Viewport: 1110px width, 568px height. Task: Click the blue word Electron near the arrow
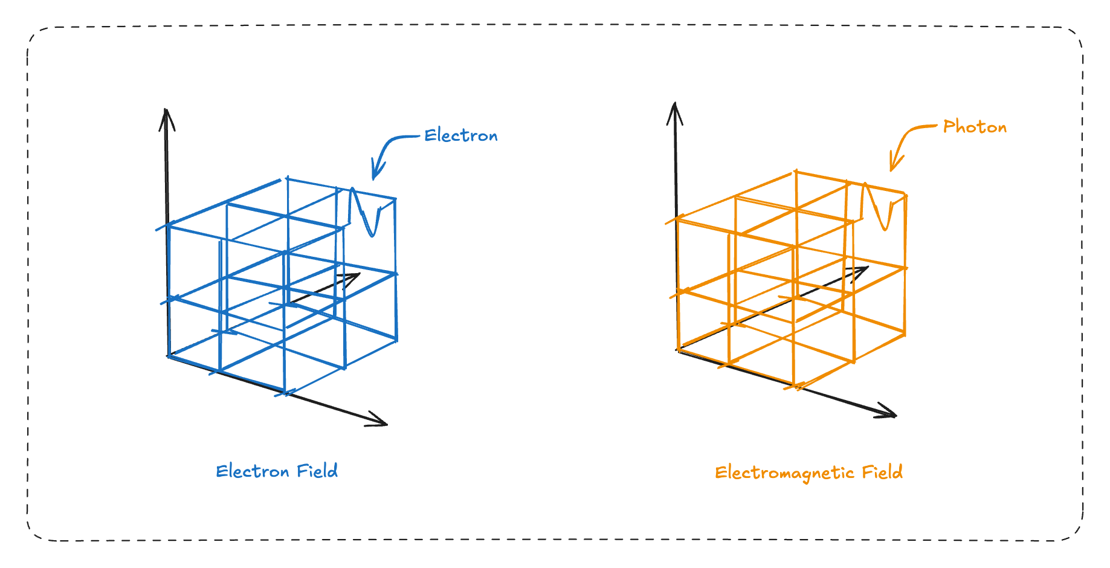point(460,135)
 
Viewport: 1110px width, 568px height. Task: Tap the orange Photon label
point(975,127)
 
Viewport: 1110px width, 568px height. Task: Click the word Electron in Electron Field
point(252,471)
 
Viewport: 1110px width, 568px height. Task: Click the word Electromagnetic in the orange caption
point(784,473)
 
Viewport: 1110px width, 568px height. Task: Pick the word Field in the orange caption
point(882,472)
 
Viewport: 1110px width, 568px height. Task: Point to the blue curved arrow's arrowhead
point(375,174)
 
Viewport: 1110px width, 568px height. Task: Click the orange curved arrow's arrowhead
point(893,166)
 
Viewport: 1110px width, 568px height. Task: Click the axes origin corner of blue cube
point(169,355)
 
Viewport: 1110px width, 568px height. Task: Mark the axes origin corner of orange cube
point(679,349)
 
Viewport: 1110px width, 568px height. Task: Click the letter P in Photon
point(949,126)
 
